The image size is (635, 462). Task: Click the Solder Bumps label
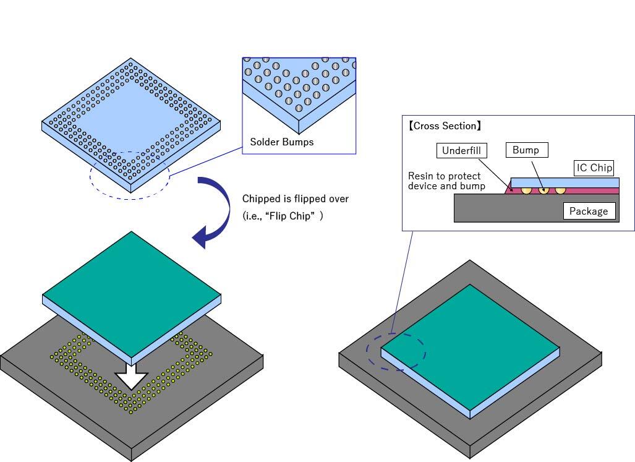[281, 142]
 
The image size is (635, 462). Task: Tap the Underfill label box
[461, 150]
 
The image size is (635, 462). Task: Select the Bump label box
[526, 150]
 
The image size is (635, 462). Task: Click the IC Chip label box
[594, 168]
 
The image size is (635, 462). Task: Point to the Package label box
[589, 212]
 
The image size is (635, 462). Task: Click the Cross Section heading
[445, 126]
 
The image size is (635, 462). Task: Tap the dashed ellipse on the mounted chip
[396, 353]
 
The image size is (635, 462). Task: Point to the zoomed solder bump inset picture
[299, 93]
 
